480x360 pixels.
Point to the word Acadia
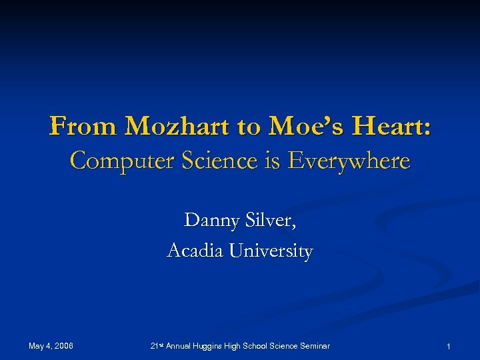pos(196,251)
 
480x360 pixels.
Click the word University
pos(271,251)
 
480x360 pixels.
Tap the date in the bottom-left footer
pos(51,345)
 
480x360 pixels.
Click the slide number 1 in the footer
pos(449,346)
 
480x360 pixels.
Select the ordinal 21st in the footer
pos(157,345)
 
